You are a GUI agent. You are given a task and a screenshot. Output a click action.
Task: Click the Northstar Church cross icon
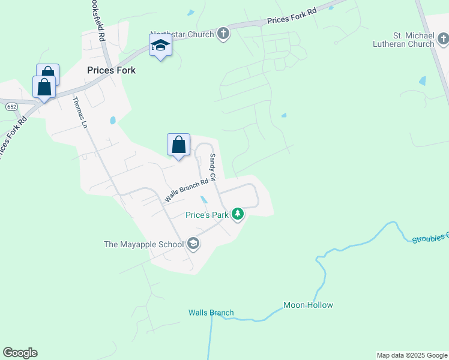(223, 34)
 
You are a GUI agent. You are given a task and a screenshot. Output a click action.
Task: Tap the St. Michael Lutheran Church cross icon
(442, 40)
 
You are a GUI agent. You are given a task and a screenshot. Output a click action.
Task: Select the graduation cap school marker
(160, 45)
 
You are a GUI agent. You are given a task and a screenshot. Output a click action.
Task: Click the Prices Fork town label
(111, 70)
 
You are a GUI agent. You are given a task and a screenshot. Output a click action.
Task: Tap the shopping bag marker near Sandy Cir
(178, 145)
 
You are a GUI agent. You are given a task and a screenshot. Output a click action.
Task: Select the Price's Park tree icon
(238, 214)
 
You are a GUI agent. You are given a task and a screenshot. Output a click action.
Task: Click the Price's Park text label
(207, 214)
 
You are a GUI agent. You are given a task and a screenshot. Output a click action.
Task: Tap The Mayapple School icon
(193, 244)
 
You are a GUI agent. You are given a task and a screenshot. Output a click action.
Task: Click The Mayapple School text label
(145, 244)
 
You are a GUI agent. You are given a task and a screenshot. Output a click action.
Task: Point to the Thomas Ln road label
(80, 112)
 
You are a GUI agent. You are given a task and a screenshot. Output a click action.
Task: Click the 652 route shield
(11, 106)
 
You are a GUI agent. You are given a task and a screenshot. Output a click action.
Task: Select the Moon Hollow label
(308, 305)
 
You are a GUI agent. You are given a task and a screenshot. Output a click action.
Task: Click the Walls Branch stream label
(211, 313)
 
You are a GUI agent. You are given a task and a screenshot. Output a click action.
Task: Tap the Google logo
(20, 353)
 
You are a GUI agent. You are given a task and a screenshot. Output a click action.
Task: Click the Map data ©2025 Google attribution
(412, 355)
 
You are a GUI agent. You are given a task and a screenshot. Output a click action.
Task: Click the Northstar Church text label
(182, 34)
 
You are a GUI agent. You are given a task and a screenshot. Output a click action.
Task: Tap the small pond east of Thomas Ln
(112, 121)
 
